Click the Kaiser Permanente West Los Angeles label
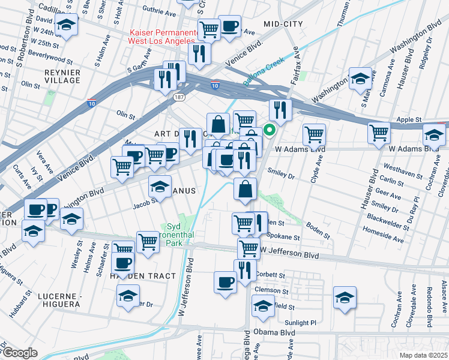click(163, 37)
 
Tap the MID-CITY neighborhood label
click(283, 24)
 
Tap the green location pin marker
click(270, 129)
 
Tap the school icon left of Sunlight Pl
click(262, 307)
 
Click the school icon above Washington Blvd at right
click(360, 79)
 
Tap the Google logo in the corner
click(20, 352)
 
